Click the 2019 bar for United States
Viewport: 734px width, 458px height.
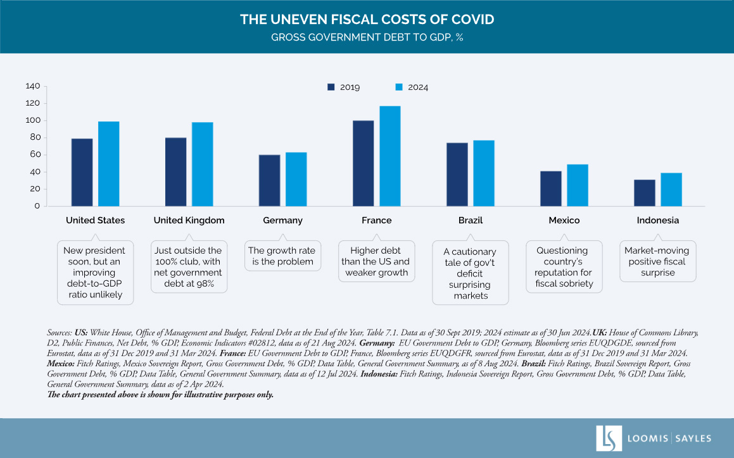82,172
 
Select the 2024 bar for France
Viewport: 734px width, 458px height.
390,156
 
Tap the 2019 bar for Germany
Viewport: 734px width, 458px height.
269,180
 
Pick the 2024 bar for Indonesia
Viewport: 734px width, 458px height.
671,189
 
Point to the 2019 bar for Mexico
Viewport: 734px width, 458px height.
550,189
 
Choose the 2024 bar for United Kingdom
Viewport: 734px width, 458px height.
203,164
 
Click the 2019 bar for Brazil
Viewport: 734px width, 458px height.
457,174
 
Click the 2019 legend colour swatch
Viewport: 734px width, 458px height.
331,87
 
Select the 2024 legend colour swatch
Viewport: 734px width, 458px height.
399,87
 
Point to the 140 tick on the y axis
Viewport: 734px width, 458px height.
33,86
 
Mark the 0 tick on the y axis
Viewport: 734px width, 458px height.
37,206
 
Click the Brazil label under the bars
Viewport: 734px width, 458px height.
470,221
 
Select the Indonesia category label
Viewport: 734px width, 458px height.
657,221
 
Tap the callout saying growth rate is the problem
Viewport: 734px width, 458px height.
282,256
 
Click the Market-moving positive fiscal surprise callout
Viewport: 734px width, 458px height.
658,261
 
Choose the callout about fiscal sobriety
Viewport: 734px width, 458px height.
564,267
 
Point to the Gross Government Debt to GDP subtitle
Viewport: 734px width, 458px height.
367,37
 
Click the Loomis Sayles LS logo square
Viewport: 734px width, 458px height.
609,438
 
